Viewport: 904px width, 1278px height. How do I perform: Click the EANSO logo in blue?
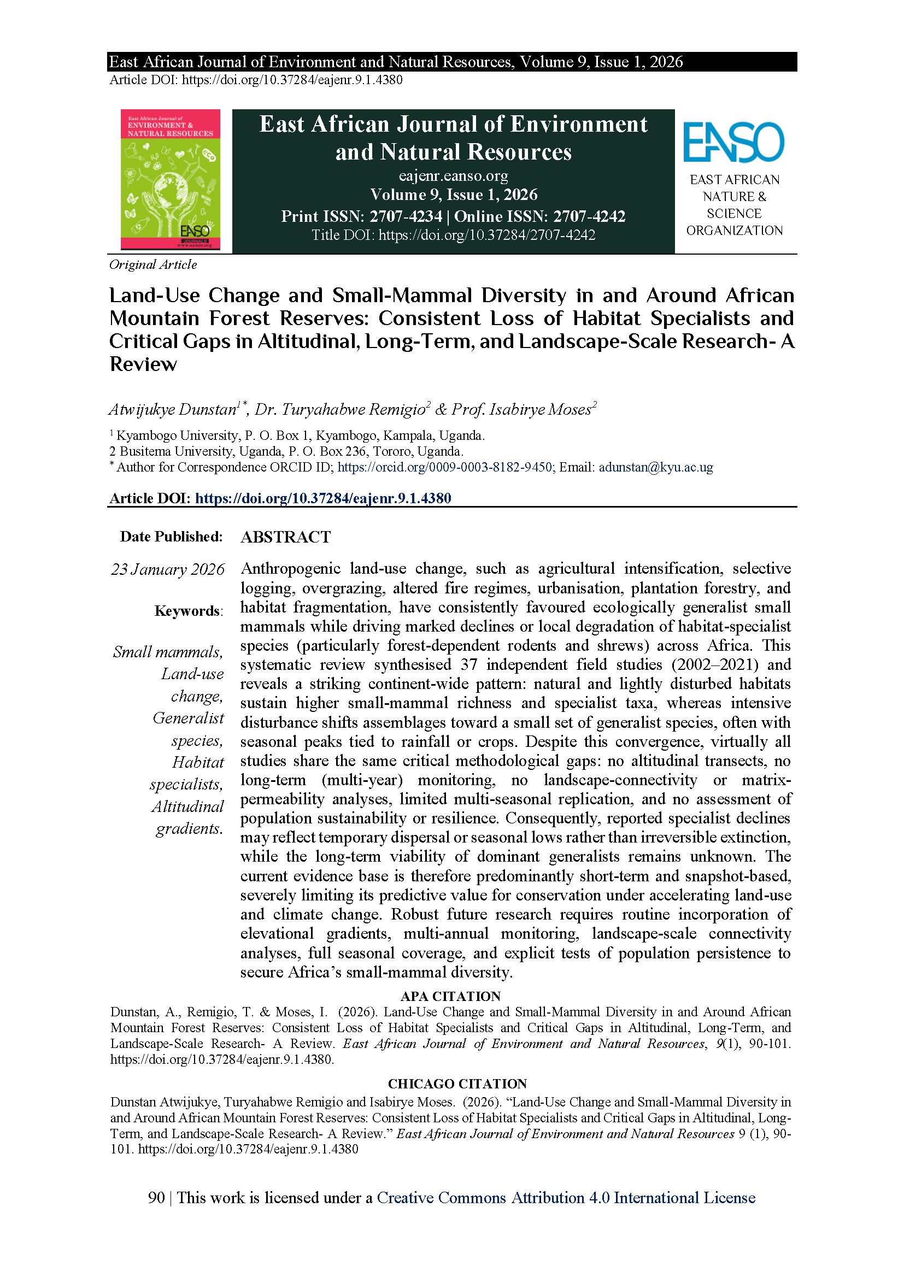(733, 143)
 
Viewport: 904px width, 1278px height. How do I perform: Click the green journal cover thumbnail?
(171, 179)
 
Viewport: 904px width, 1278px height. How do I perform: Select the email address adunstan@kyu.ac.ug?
(656, 467)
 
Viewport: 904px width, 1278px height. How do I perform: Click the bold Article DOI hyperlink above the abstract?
(323, 498)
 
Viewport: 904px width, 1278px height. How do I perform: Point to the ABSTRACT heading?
(285, 537)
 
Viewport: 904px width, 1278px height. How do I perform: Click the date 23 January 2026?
(168, 569)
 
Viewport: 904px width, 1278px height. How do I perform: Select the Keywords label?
(188, 611)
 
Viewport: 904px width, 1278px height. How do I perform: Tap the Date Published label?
(172, 537)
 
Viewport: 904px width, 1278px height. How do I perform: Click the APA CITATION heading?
(450, 997)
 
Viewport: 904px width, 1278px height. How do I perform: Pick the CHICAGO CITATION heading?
(457, 1083)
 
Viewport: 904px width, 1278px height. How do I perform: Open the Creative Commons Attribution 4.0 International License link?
(566, 1198)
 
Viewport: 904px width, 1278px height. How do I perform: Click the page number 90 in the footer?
(156, 1198)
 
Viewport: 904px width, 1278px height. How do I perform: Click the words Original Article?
(153, 264)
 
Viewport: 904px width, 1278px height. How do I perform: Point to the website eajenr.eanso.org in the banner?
(453, 176)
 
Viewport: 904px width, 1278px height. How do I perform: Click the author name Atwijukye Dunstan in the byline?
(173, 410)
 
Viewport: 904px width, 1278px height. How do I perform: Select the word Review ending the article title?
(143, 364)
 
